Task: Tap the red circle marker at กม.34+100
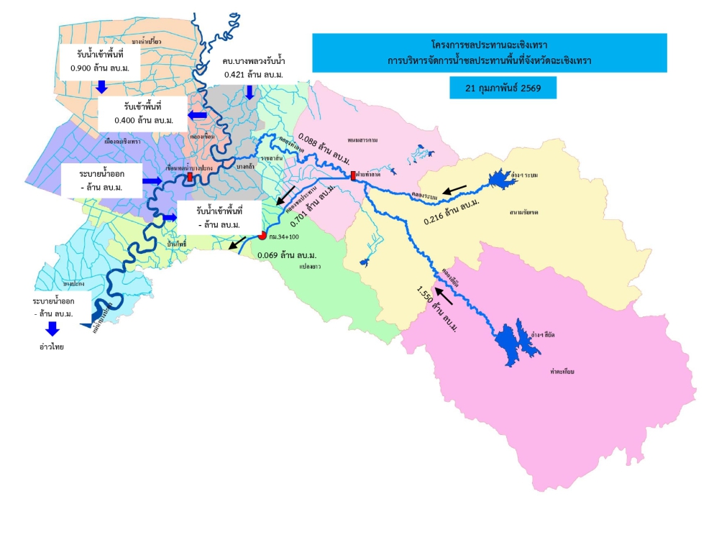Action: click(262, 234)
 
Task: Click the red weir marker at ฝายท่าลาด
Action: click(353, 175)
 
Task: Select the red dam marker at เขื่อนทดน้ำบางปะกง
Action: click(189, 177)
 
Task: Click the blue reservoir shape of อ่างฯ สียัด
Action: click(517, 341)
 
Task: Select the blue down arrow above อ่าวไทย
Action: click(51, 329)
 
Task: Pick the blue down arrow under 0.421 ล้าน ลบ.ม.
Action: click(251, 91)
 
